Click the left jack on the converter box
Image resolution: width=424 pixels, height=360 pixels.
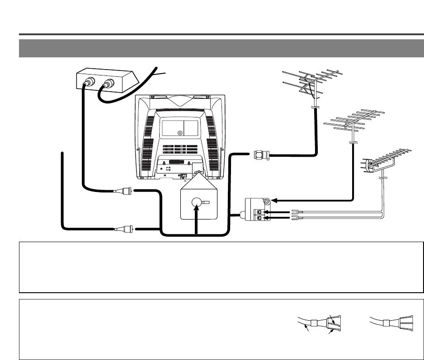[88, 84]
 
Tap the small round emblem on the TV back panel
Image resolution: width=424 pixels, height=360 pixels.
[180, 133]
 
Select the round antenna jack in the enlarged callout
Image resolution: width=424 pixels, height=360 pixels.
[196, 203]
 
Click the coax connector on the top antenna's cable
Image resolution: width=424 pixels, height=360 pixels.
[261, 155]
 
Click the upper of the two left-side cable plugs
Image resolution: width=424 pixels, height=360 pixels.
[125, 191]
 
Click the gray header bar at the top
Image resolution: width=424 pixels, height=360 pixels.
[221, 48]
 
